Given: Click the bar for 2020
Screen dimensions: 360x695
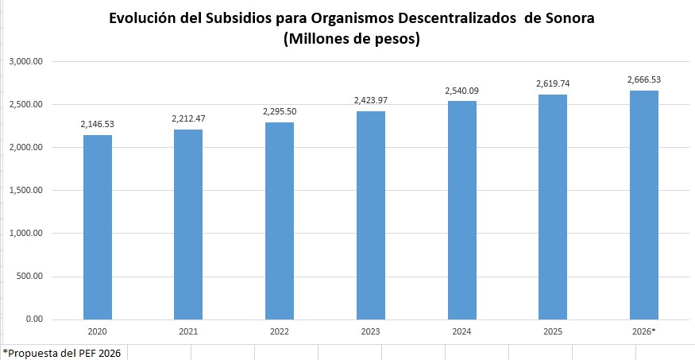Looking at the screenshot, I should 98,227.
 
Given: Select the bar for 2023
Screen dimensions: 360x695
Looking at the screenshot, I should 371,215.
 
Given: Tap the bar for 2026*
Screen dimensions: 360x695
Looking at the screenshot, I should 644,205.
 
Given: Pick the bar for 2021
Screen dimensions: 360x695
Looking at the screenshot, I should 188,224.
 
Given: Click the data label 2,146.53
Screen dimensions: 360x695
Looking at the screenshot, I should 98,125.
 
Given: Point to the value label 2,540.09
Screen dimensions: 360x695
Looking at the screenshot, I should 461,91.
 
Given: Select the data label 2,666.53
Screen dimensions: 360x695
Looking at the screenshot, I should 644,79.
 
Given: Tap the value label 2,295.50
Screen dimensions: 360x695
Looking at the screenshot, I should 280,111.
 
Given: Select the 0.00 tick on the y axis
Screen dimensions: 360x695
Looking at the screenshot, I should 34,319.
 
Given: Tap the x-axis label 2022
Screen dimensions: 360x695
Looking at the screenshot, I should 280,331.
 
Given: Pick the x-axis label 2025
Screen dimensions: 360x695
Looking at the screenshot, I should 553,331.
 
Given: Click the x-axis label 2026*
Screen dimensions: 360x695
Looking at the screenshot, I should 644,331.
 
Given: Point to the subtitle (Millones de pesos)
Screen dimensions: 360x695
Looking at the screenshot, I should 350,40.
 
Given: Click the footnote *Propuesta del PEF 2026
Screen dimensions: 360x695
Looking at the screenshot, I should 62,352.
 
